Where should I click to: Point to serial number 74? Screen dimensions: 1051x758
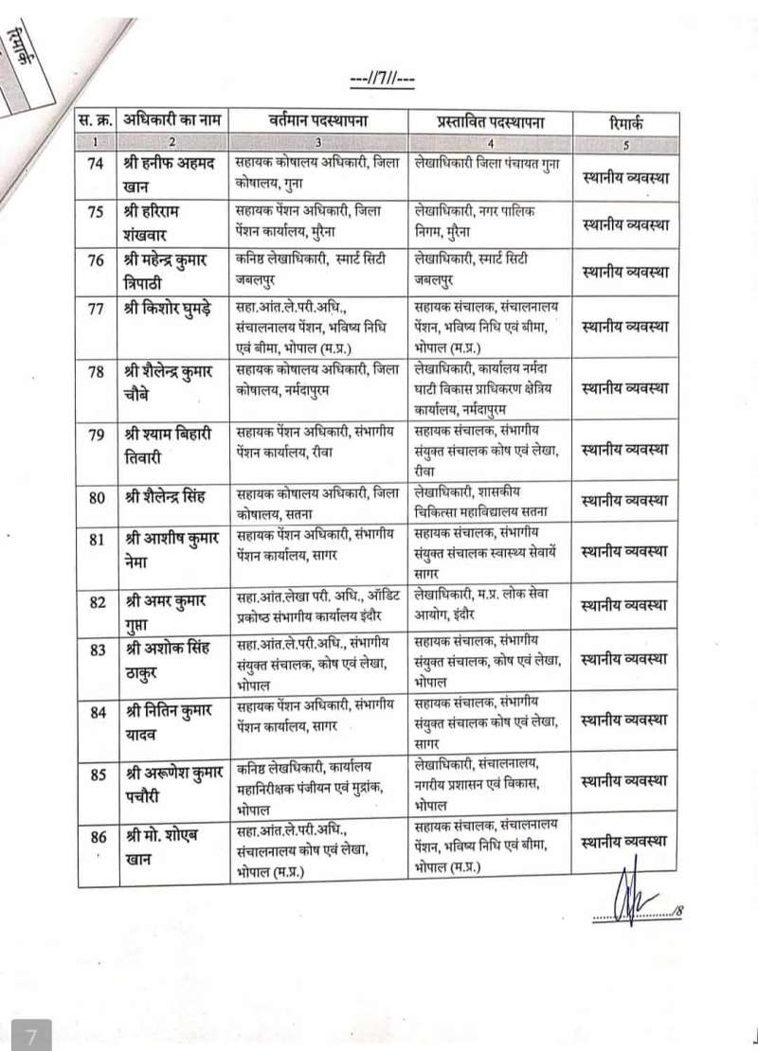click(x=97, y=163)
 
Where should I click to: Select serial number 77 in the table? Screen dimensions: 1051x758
click(x=97, y=309)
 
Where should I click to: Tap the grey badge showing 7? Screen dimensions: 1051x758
click(x=30, y=1035)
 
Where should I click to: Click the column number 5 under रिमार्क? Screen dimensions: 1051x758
click(x=627, y=143)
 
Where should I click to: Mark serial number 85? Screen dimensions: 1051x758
click(x=97, y=775)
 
